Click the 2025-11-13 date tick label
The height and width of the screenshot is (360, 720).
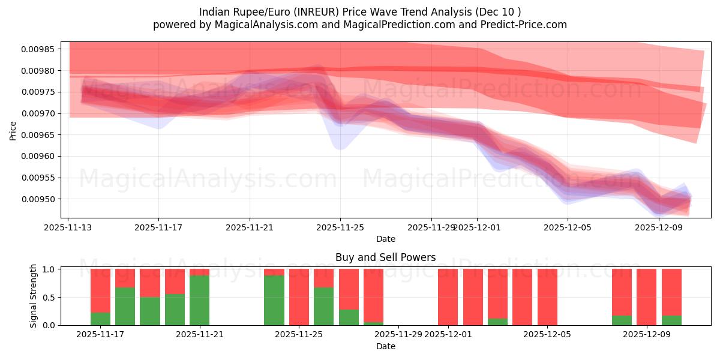[x=68, y=227]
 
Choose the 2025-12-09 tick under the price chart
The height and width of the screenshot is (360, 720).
[x=659, y=227]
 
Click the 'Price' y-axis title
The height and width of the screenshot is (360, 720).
[x=13, y=130]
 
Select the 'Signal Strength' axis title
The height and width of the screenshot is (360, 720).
[x=34, y=296]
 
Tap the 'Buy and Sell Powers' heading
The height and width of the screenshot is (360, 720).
[x=385, y=257]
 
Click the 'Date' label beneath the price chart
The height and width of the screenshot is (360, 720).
[x=385, y=239]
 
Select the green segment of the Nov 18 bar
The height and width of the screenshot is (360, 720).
[x=125, y=307]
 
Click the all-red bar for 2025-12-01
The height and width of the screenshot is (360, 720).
[x=448, y=297]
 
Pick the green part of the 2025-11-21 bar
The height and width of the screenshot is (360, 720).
[x=199, y=300]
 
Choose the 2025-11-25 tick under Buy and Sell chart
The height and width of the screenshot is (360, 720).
[x=299, y=335]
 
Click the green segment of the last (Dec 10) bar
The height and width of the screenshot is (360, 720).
[x=671, y=320]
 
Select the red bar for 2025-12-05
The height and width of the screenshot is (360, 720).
[x=547, y=297]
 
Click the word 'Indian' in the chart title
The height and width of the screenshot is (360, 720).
[x=214, y=11]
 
